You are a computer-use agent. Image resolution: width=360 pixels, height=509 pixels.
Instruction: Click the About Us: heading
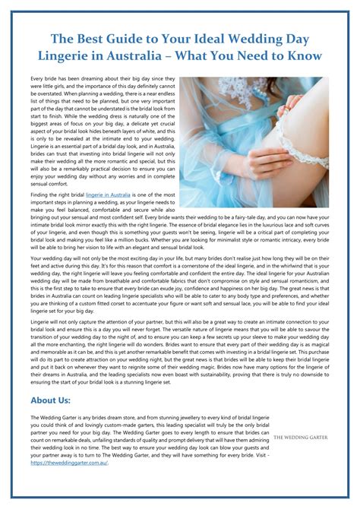pyautogui.click(x=51, y=400)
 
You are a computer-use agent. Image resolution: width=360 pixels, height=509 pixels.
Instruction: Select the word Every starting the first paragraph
pyautogui.click(x=39, y=79)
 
